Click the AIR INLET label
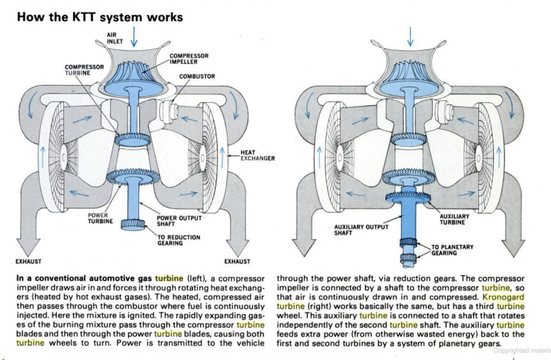pos(116,37)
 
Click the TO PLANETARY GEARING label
pos(452,250)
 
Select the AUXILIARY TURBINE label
pos(454,219)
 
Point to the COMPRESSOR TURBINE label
pos(84,71)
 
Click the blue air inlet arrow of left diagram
pos(134,38)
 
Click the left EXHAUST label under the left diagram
pos(27,262)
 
